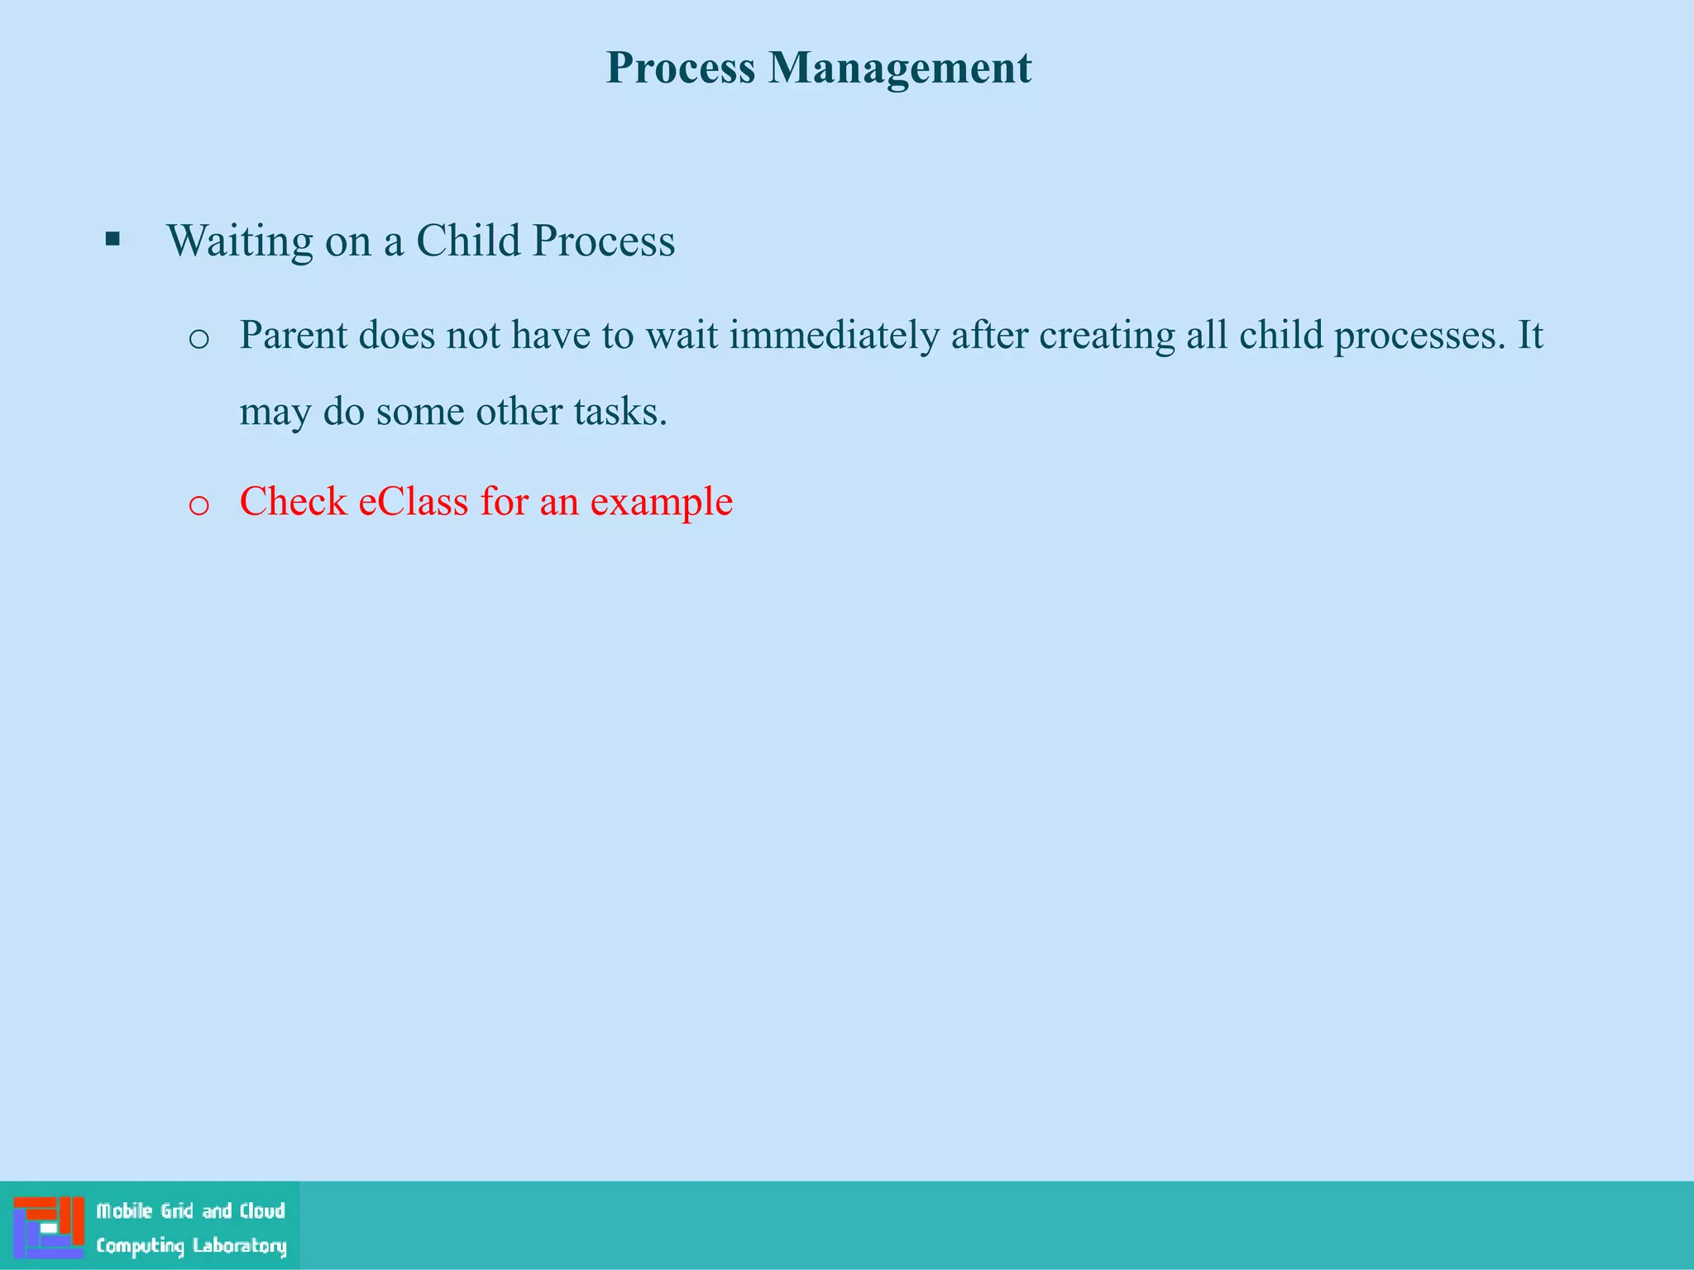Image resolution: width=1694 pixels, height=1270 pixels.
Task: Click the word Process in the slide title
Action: [680, 68]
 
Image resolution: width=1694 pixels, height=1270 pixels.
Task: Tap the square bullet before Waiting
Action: [113, 241]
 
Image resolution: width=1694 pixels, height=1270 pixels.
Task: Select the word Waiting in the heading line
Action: [240, 241]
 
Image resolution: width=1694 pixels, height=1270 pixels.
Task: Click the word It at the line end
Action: [1530, 336]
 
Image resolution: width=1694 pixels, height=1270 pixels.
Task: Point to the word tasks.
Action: [620, 412]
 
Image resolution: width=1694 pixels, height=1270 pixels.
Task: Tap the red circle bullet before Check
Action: [199, 505]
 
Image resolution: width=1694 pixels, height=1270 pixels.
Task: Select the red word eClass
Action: [413, 502]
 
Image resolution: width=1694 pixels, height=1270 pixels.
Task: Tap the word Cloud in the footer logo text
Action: [262, 1211]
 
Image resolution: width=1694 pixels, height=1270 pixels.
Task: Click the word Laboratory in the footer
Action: [240, 1246]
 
